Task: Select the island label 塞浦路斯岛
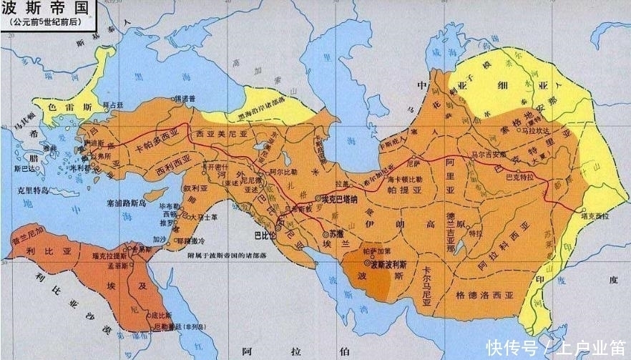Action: (125, 202)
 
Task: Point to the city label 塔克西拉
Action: (595, 215)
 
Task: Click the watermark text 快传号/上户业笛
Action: (557, 347)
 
